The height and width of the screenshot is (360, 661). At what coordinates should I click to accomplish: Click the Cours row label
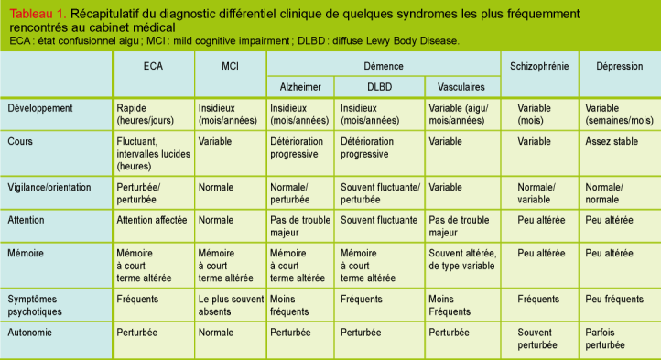(x=20, y=142)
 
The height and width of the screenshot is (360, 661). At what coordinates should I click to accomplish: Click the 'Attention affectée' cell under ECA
(x=152, y=221)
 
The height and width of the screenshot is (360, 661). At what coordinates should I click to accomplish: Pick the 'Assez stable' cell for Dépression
(x=611, y=142)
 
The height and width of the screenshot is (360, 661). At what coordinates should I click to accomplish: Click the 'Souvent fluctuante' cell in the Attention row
(x=379, y=221)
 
